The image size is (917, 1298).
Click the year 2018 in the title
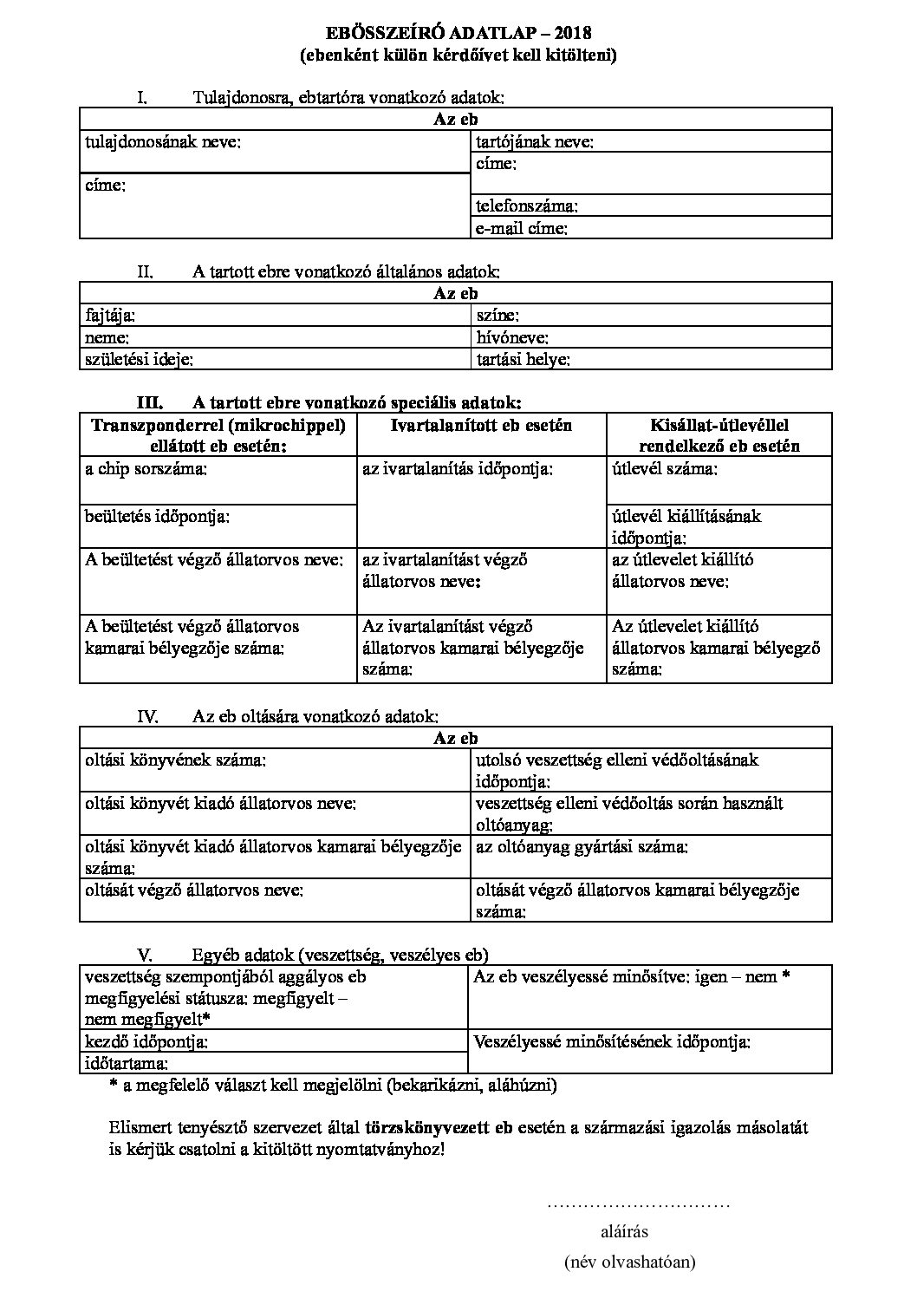pyautogui.click(x=574, y=34)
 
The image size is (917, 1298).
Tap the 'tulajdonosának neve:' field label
pyautogui.click(x=162, y=141)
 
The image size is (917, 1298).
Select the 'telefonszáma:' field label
pyautogui.click(x=526, y=206)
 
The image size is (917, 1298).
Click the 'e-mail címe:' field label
pyautogui.click(x=522, y=229)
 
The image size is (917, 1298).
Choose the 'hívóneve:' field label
pyautogui.click(x=512, y=338)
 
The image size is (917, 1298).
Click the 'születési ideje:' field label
pyautogui.click(x=139, y=359)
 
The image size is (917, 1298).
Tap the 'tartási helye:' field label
pyautogui.click(x=523, y=359)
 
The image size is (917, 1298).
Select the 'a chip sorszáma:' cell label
pyautogui.click(x=146, y=469)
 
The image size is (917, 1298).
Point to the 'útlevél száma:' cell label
pyautogui.click(x=664, y=469)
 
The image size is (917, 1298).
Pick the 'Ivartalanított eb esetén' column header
pyautogui.click(x=481, y=425)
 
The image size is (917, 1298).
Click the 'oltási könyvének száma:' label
pyautogui.click(x=175, y=760)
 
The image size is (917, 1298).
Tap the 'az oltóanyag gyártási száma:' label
pyautogui.click(x=582, y=846)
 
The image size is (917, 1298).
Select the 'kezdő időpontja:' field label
pyautogui.click(x=146, y=1040)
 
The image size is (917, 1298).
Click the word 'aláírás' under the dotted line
pyautogui.click(x=624, y=1231)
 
